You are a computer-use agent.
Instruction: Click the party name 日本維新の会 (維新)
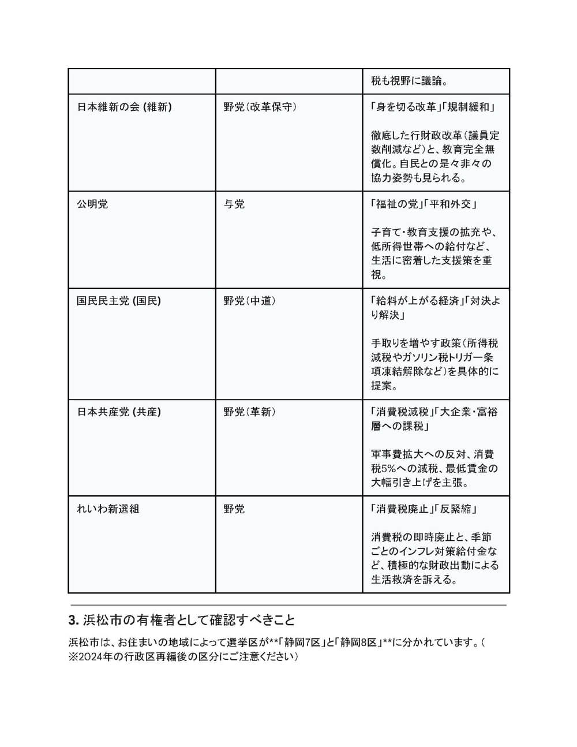(x=124, y=107)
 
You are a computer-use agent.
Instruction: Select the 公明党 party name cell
(x=92, y=204)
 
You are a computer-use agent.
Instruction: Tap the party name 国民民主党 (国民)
(x=119, y=301)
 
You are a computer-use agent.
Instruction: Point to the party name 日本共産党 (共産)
(x=119, y=412)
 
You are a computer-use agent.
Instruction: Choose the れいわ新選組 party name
(x=108, y=509)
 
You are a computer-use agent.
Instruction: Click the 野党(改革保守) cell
(x=260, y=107)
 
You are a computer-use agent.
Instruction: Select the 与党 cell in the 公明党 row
(x=234, y=204)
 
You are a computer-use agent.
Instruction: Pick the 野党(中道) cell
(x=250, y=301)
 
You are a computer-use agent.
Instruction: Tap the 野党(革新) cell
(x=250, y=412)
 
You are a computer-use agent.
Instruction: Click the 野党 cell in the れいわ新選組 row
(x=234, y=509)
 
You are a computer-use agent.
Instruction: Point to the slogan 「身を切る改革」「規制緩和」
(x=433, y=107)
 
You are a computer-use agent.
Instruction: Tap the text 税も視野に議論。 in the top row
(x=410, y=81)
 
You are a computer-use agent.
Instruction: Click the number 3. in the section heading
(x=73, y=621)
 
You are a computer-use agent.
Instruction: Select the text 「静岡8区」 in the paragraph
(x=359, y=643)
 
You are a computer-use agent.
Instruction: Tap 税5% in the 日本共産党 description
(x=383, y=468)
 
